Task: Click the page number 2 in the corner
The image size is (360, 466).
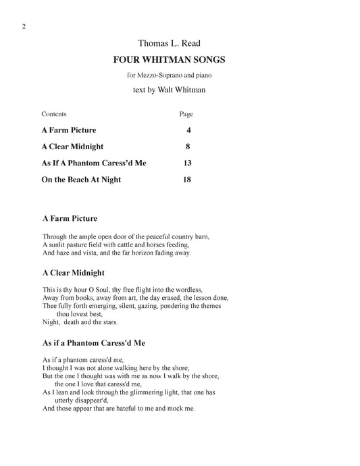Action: [24, 26]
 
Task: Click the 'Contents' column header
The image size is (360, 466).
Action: [54, 114]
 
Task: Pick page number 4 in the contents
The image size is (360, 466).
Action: [189, 130]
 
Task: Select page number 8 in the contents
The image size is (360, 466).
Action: [189, 146]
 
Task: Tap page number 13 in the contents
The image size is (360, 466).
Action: [188, 163]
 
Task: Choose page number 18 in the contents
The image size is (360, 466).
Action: [188, 180]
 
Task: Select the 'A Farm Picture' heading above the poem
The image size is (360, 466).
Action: [70, 219]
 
